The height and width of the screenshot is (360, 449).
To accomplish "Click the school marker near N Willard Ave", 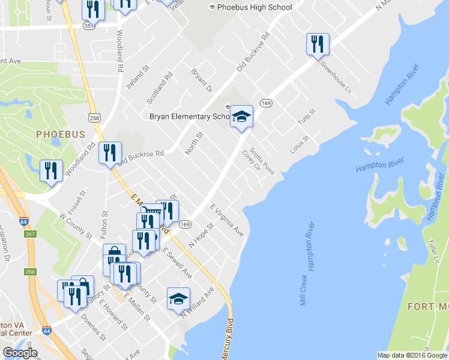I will [x=178, y=298].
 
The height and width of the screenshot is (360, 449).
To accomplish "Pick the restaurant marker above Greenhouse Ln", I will [x=317, y=44].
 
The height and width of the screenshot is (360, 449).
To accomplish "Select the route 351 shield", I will [x=89, y=26].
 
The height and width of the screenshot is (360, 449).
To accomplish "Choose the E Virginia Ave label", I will [x=226, y=220].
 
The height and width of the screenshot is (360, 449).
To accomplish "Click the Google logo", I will [x=20, y=353].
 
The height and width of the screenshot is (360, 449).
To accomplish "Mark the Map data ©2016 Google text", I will [x=412, y=355].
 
